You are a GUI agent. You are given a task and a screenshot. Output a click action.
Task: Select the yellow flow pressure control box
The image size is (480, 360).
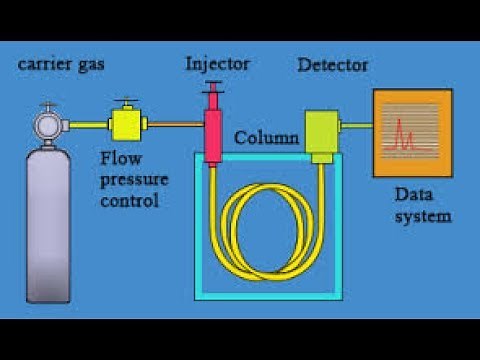tap(126, 126)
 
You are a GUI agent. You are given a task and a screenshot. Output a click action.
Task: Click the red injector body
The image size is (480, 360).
tap(213, 135)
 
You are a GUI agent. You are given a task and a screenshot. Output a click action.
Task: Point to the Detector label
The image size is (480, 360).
tap(333, 65)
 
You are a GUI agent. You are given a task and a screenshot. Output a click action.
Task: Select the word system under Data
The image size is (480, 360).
tap(422, 215)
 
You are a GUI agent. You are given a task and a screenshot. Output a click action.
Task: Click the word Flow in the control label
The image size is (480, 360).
tap(118, 158)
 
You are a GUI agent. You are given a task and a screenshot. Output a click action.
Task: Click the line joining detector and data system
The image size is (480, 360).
tap(357, 125)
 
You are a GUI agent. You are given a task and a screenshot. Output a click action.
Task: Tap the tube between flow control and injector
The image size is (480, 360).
tap(176, 125)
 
